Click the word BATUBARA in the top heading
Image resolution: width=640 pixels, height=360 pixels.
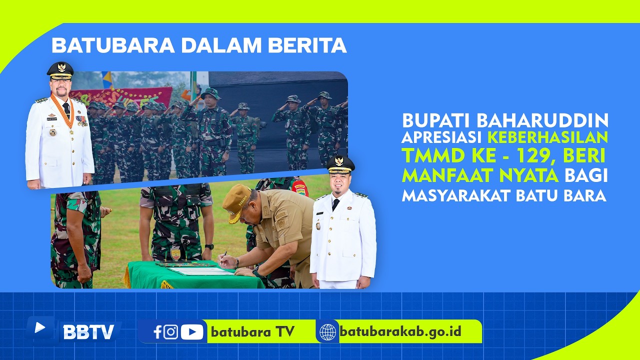pos(113,45)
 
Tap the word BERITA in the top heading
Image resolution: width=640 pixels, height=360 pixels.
pos(307,45)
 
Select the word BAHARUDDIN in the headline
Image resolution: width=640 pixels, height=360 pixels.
pos(542,120)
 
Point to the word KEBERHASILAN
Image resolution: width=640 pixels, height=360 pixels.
pos(547,137)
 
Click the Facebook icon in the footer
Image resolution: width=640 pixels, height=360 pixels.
pos(157,332)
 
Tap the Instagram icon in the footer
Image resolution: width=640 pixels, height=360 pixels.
pos(171,332)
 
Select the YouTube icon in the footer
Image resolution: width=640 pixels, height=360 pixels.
pos(192,332)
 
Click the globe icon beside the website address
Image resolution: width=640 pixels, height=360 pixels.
pos(327,332)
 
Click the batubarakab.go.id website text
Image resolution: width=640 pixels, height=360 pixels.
pos(400,331)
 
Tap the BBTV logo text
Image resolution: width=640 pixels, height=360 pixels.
pos(89,332)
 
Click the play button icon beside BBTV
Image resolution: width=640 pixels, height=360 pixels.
pos(40,327)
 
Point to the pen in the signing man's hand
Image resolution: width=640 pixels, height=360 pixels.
pos(224,257)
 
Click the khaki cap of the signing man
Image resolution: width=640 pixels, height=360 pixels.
pos(236,202)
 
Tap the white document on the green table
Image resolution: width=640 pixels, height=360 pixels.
pos(200,271)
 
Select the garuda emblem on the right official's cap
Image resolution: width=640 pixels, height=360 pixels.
pos(339,161)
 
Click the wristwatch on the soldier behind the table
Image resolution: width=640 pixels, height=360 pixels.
pos(209,246)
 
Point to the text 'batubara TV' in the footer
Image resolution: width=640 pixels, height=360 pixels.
pos(252,331)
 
